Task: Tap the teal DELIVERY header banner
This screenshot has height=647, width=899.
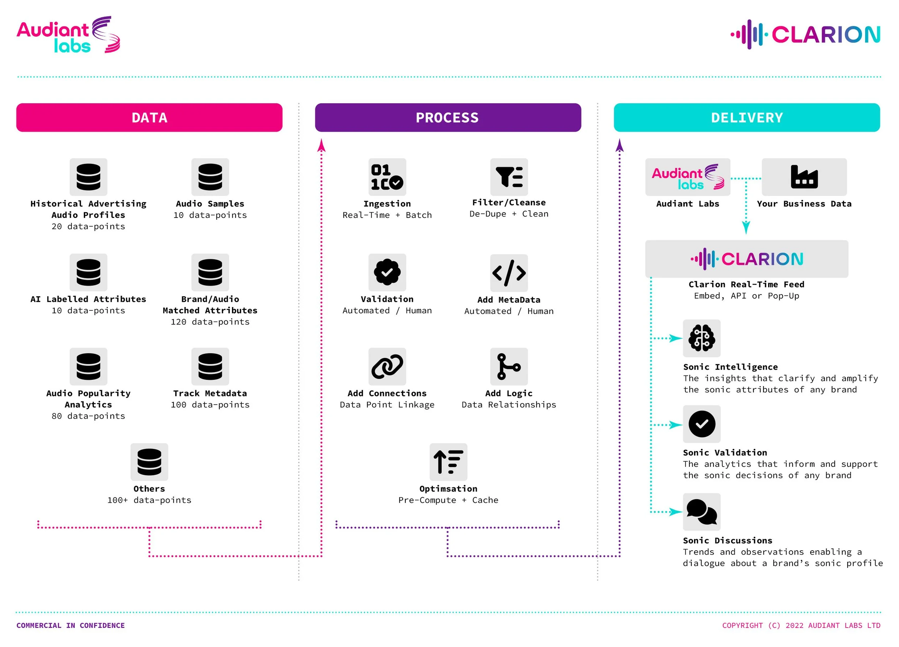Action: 747,117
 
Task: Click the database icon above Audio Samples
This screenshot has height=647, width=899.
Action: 210,177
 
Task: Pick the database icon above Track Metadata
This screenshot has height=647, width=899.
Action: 210,366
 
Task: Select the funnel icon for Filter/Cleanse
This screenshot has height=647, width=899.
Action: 509,177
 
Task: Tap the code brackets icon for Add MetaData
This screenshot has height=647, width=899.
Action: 509,273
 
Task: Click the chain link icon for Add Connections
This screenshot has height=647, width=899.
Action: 387,366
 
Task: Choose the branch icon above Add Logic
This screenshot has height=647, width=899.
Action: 509,366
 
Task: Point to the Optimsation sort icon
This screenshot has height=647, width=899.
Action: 448,462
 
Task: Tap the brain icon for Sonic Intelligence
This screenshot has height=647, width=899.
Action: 702,338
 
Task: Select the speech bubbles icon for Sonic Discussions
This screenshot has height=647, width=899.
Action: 702,512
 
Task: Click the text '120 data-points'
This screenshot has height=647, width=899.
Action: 210,322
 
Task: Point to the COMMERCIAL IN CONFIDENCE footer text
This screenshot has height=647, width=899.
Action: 70,625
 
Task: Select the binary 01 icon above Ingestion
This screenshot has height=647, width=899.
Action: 387,177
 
